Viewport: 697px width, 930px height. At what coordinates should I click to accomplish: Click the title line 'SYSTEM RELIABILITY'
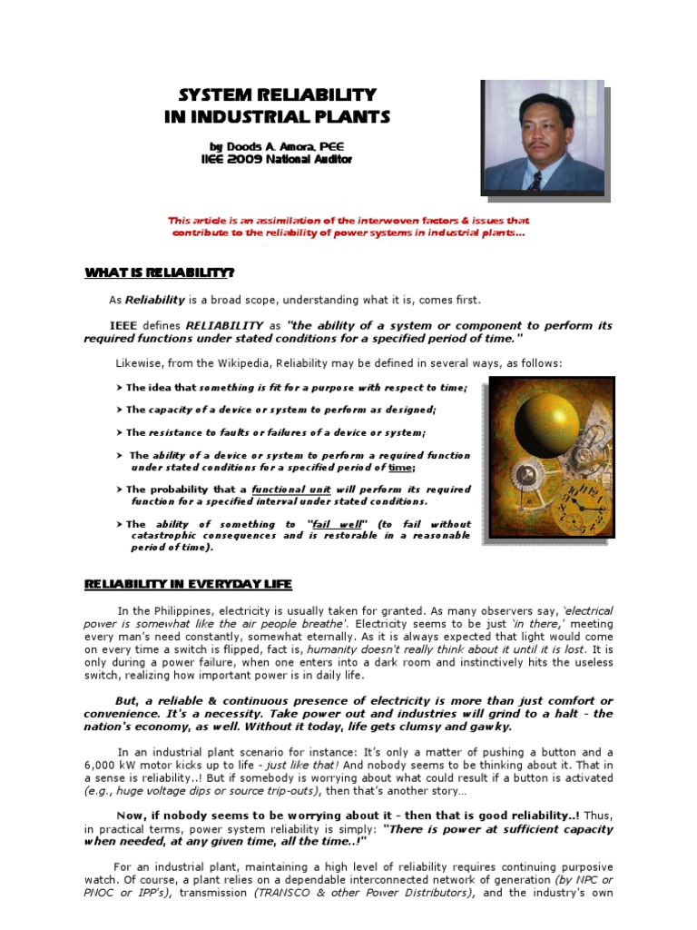click(277, 95)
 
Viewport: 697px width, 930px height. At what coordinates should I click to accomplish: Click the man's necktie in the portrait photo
click(536, 180)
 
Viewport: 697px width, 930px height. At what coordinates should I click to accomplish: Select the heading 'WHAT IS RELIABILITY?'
click(160, 272)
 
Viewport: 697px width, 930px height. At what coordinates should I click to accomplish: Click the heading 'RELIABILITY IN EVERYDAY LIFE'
click(188, 584)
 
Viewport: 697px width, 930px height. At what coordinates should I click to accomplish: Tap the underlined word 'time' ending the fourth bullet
click(399, 467)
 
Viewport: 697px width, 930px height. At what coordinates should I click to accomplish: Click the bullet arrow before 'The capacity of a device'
click(120, 411)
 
